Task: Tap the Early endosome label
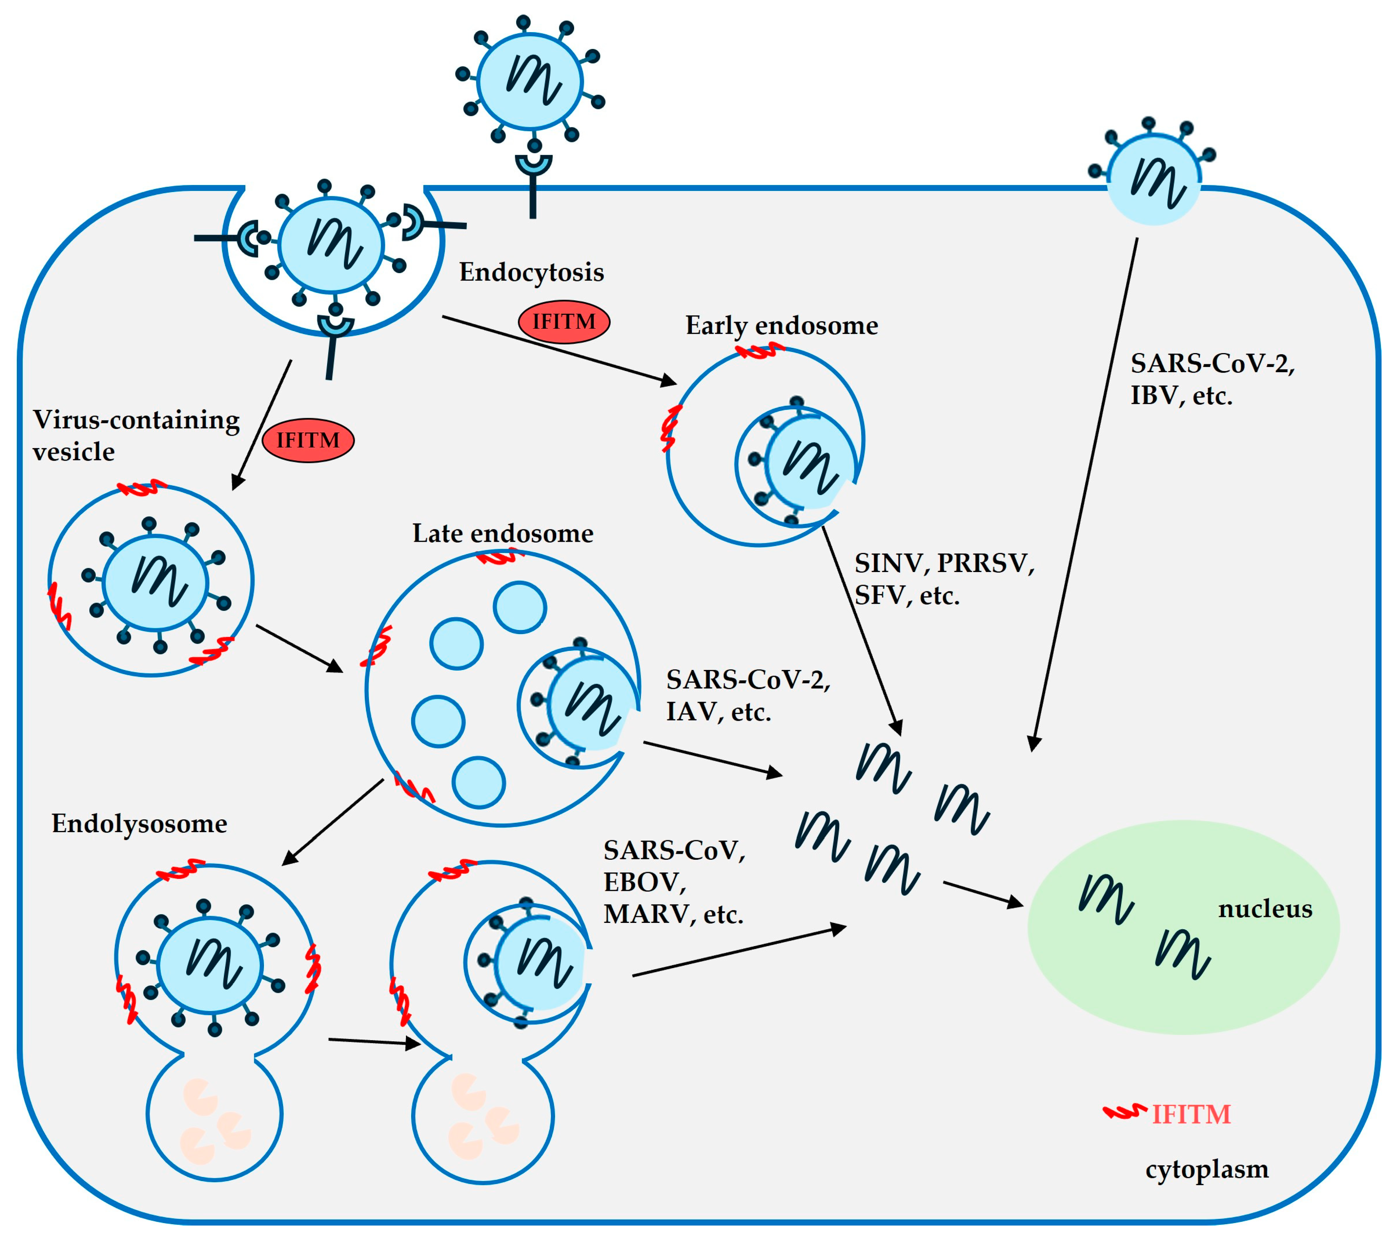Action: pos(781,325)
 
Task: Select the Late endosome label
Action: pos(503,533)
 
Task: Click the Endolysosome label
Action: pos(139,824)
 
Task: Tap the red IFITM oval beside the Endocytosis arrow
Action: pos(564,321)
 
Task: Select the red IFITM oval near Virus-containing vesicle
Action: pos(308,440)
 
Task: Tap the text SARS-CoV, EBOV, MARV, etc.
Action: pos(674,882)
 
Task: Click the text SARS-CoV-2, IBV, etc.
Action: pos(1212,379)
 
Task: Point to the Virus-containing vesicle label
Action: pos(135,435)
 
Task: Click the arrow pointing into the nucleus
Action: pos(982,894)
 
